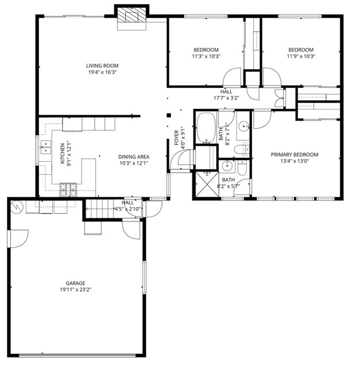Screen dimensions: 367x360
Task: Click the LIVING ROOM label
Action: point(102,66)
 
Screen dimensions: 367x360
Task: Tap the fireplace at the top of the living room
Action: point(132,18)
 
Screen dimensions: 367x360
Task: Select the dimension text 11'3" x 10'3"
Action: point(206,56)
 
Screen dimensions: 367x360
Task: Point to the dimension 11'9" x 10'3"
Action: point(301,56)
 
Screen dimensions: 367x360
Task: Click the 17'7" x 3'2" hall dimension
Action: point(226,98)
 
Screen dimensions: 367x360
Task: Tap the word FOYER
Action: point(177,138)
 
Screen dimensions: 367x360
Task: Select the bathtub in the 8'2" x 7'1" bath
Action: point(206,127)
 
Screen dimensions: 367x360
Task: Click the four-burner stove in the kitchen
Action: point(68,188)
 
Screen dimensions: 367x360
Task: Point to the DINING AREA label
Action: point(134,157)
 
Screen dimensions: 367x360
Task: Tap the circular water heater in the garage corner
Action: point(17,205)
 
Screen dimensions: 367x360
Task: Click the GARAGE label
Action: point(75,283)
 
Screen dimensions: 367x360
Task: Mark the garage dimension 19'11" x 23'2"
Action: point(75,290)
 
